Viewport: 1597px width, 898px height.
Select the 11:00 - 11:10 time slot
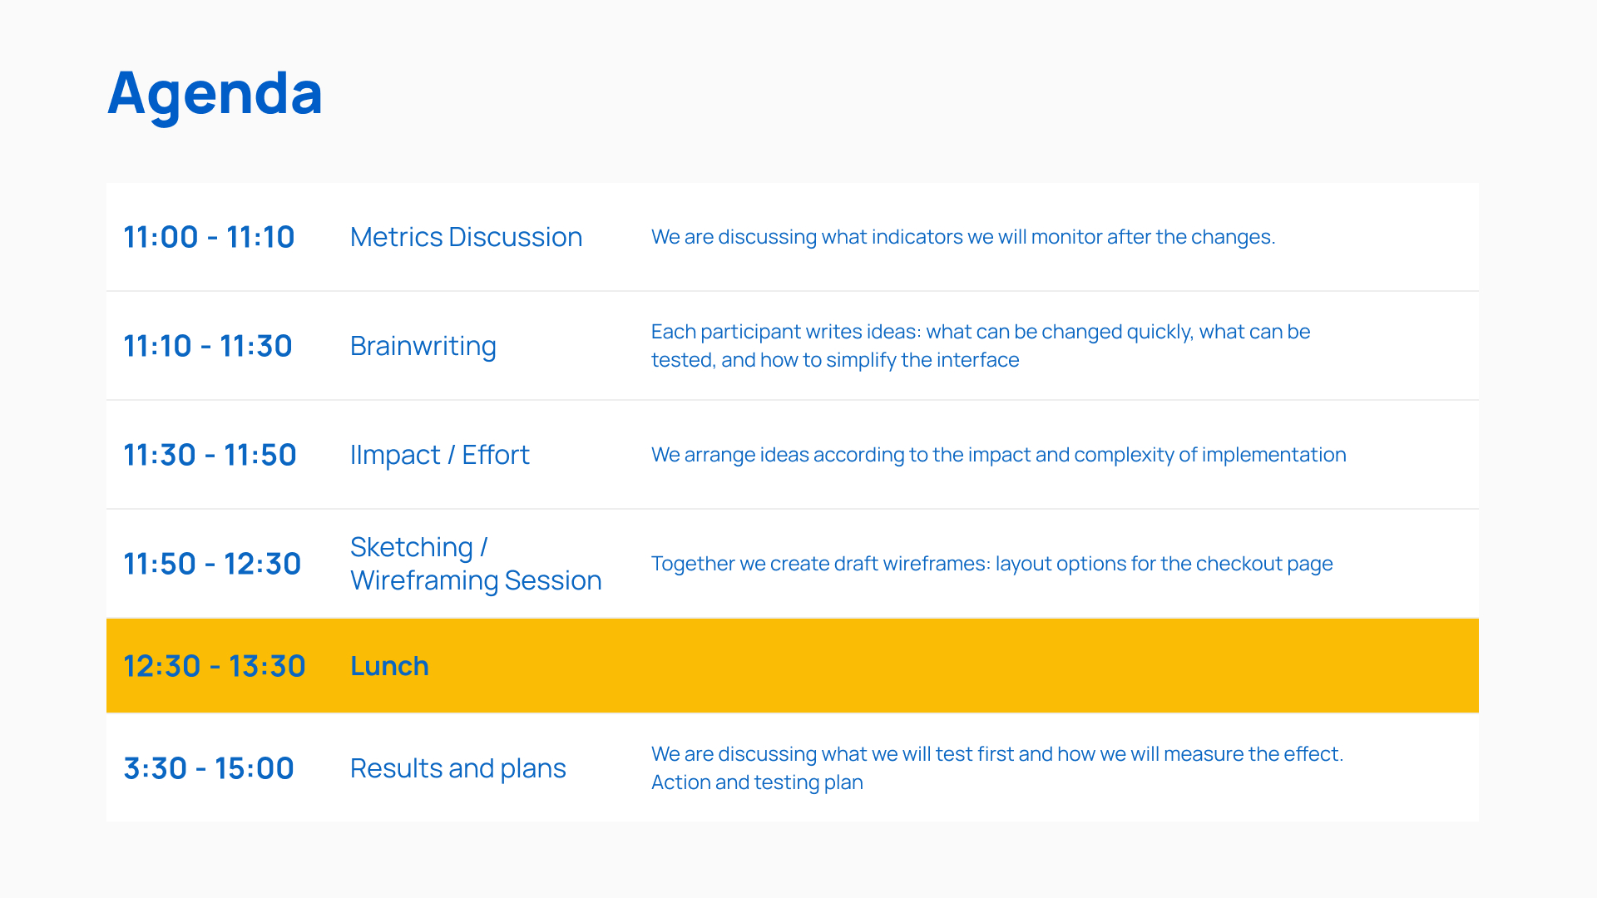pyautogui.click(x=209, y=237)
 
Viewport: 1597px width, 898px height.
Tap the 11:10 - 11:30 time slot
pyautogui.click(x=208, y=346)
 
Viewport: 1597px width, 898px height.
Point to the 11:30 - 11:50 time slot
pyautogui.click(x=210, y=455)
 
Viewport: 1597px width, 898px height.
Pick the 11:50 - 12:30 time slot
pyautogui.click(x=212, y=564)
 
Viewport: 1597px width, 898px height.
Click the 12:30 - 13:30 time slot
pyautogui.click(x=215, y=666)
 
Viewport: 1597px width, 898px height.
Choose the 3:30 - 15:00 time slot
pyautogui.click(x=209, y=768)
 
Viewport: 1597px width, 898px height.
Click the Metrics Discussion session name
pyautogui.click(x=466, y=237)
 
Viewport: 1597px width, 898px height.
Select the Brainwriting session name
pyautogui.click(x=423, y=347)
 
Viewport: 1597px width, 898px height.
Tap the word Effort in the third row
pyautogui.click(x=496, y=455)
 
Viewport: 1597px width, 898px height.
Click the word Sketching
pyautogui.click(x=412, y=548)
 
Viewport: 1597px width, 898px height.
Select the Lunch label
pyautogui.click(x=389, y=666)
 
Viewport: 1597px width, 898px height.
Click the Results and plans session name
pyautogui.click(x=458, y=769)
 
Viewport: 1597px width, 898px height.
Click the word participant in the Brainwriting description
pyautogui.click(x=747, y=333)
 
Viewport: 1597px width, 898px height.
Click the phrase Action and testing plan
pyautogui.click(x=757, y=783)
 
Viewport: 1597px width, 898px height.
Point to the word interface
pyautogui.click(x=977, y=360)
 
